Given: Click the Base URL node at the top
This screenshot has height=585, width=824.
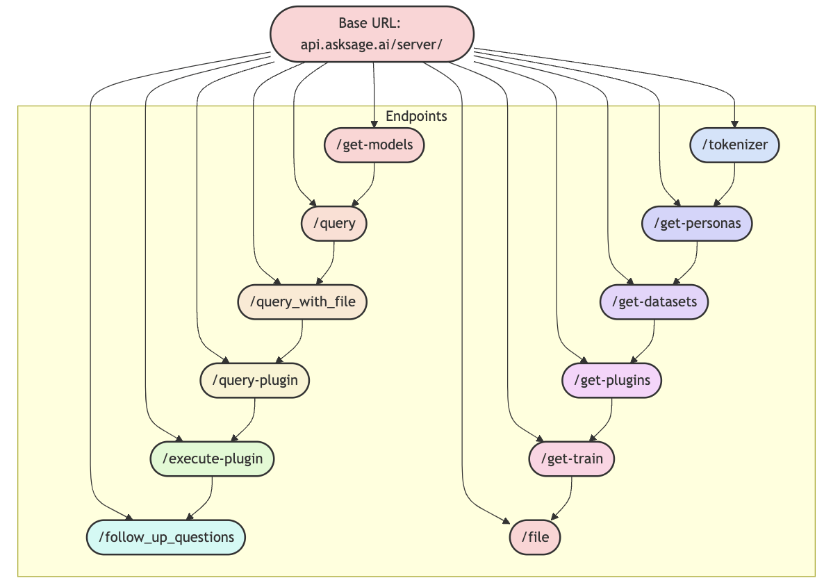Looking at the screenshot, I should pos(372,34).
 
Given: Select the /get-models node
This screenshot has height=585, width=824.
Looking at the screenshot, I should pos(374,145).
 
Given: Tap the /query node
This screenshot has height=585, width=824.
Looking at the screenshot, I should pos(333,224).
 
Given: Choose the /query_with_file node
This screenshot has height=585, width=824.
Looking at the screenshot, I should pos(302,302).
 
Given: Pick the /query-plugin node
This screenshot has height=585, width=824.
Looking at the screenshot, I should pos(254,380).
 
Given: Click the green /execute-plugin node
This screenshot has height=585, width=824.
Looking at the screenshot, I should pos(212,459).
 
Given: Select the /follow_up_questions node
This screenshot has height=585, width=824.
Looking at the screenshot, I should pos(165,537).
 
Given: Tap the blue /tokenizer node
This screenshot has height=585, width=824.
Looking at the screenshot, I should pos(735,145).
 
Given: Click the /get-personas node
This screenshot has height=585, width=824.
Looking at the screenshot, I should pos(696,224).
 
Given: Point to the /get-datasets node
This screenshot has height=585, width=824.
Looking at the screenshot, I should pos(654,302).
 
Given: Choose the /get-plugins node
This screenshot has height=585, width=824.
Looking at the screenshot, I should pos(611,380).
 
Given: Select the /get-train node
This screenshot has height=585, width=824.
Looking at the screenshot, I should pos(571,459).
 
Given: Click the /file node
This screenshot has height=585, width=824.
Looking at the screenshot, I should pos(535,537).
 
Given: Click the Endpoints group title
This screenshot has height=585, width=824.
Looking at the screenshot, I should pos(416,116).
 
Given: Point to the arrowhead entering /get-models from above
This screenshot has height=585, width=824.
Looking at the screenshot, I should pos(374,124).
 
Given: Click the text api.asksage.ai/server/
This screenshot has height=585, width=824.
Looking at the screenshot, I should pos(372,45).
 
